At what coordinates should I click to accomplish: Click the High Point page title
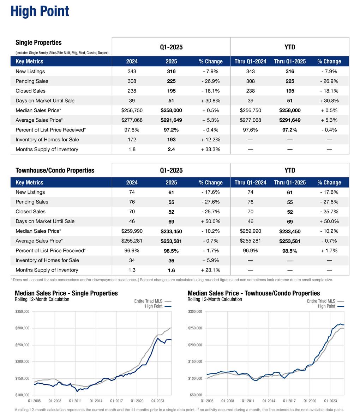point(40,11)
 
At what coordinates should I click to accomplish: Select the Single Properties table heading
point(38,43)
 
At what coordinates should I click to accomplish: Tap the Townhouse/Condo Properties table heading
point(55,171)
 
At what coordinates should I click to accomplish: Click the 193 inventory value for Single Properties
point(171,140)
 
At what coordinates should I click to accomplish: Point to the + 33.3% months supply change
point(211,150)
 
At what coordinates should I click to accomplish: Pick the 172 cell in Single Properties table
point(132,140)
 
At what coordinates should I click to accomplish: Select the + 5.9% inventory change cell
point(211,261)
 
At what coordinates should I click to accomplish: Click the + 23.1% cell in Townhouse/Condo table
point(211,270)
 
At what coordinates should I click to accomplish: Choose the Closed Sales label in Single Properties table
point(30,91)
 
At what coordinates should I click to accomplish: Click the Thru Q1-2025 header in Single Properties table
point(290,62)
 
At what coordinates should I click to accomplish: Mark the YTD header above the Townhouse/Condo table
point(290,171)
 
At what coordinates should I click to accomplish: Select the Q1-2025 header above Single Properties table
point(171,47)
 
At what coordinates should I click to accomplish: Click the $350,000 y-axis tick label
point(22,312)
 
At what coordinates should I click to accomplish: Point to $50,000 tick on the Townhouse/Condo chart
point(195,395)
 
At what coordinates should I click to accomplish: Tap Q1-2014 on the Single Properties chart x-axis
point(96,401)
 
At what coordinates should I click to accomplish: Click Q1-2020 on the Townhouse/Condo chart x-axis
point(310,401)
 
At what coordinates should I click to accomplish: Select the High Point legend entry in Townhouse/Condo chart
point(326,306)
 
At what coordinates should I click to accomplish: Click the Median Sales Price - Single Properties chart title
point(66,293)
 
